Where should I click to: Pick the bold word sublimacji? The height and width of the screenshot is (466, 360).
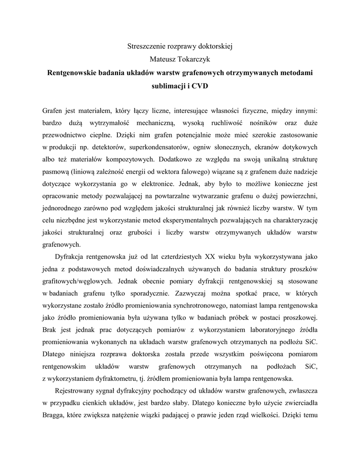pos(168,86)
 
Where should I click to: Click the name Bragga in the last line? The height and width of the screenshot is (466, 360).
pos(53,415)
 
